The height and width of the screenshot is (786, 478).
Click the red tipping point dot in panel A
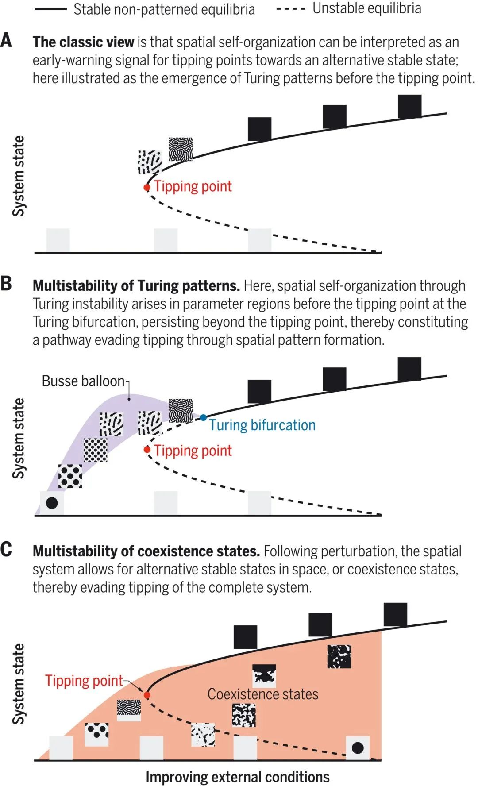[147, 188]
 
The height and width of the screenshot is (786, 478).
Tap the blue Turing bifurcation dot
[203, 417]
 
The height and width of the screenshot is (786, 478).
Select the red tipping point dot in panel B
[147, 450]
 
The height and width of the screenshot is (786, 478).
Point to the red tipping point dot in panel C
[147, 695]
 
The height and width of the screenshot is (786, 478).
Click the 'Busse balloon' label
[83, 381]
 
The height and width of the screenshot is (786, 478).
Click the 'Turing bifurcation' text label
[262, 425]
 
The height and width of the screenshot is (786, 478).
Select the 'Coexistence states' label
[263, 694]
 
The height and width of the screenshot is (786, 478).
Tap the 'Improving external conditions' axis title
[238, 777]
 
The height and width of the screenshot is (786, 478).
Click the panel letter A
[6, 41]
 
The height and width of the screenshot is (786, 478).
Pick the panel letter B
[6, 284]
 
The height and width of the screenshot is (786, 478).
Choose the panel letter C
[6, 550]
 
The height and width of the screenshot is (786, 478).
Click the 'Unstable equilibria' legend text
[367, 8]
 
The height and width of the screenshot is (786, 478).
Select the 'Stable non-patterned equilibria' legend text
[164, 9]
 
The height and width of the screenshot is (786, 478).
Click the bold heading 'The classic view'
[83, 42]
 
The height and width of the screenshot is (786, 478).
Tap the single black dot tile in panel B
[52, 503]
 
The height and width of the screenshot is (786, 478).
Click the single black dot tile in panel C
[358, 748]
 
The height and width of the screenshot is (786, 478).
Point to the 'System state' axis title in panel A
[18, 176]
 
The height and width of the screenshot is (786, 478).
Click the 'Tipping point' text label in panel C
[84, 681]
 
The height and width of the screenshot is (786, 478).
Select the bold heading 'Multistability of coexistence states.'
[146, 551]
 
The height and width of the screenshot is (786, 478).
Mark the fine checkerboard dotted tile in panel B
[96, 450]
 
